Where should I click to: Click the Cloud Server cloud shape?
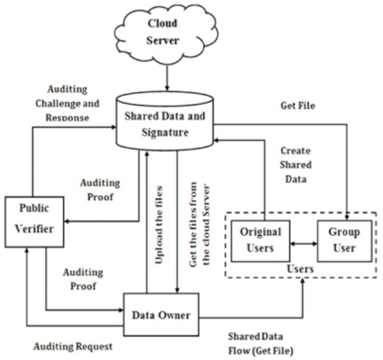[167, 34]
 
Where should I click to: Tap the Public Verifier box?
[35, 222]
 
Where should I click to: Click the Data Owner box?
[161, 315]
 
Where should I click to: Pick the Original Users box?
[261, 240]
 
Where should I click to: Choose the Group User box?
[344, 240]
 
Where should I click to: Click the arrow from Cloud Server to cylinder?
[167, 77]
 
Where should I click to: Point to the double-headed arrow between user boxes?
[303, 244]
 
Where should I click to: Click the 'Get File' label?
[298, 106]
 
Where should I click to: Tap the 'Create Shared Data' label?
[295, 165]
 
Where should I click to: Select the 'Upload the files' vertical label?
[159, 224]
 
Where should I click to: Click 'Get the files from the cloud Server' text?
[199, 224]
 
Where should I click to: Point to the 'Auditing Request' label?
[73, 346]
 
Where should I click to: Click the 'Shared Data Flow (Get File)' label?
[261, 343]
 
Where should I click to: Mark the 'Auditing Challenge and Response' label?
[67, 104]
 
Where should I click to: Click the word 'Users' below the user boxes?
[301, 269]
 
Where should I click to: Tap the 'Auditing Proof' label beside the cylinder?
[100, 190]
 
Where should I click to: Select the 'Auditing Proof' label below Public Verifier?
[83, 278]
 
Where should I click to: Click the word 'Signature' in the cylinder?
[165, 132]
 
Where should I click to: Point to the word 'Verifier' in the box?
[35, 229]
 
